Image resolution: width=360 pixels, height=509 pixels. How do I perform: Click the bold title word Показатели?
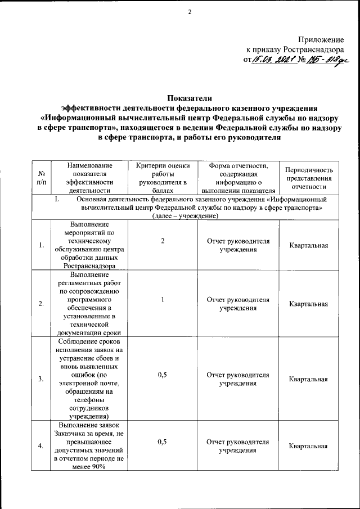point(190,100)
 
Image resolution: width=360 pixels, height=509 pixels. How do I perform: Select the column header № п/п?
point(41,178)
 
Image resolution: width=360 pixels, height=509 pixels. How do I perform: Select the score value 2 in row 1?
point(163,241)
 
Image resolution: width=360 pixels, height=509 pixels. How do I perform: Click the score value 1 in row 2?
point(163,300)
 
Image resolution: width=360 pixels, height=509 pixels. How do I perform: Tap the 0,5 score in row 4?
point(163,442)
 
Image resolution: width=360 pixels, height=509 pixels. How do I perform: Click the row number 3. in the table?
point(41,379)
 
